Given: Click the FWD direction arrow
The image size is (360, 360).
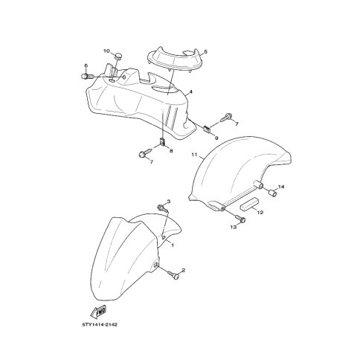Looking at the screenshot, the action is [x=99, y=312].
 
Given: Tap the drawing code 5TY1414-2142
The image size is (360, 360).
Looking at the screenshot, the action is [x=100, y=324].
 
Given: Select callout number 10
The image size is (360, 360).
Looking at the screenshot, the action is [x=106, y=51].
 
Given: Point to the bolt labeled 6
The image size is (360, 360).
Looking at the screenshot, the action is [x=87, y=77].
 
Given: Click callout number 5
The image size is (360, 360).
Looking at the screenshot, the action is [x=206, y=52].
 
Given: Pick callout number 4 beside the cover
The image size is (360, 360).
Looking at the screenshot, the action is [x=190, y=92].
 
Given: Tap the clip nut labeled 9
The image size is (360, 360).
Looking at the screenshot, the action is [x=207, y=129].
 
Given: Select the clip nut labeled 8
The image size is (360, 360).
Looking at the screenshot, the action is [x=162, y=141].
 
